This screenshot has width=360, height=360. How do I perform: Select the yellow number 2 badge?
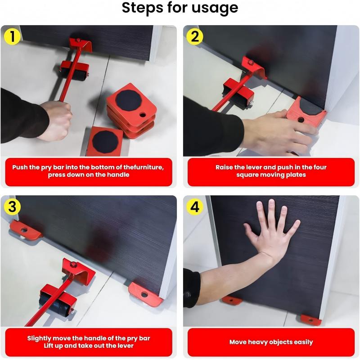pos(194,36)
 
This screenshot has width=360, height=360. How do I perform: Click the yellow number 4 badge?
pos(194,207)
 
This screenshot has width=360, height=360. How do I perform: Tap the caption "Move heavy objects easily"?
pos(271,342)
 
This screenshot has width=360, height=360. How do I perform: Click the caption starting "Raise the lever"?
pos(271,171)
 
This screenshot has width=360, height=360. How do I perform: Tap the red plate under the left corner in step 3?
pos(24,229)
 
